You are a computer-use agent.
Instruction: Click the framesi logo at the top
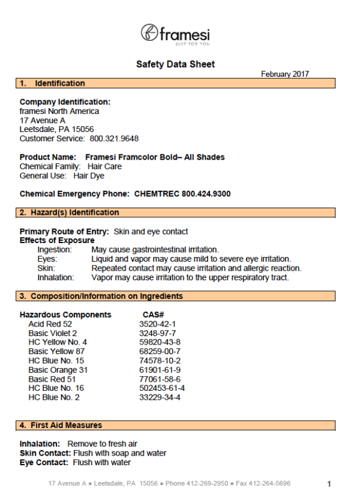pyautogui.click(x=175, y=34)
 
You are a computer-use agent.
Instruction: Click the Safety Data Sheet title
pyautogui.click(x=175, y=64)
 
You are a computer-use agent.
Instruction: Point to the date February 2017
pyautogui.click(x=285, y=74)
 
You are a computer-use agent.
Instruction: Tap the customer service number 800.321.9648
pyautogui.click(x=114, y=139)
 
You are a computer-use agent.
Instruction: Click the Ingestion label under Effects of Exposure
pyautogui.click(x=55, y=250)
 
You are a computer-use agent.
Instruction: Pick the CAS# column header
pyautogui.click(x=154, y=315)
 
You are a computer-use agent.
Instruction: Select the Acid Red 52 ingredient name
pyautogui.click(x=50, y=324)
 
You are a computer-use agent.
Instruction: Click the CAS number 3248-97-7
pyautogui.click(x=157, y=333)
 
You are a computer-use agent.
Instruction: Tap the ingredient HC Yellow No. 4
pyautogui.click(x=58, y=342)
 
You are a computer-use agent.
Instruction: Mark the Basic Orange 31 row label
pyautogui.click(x=58, y=370)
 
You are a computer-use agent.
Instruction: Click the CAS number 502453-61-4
pyautogui.click(x=162, y=388)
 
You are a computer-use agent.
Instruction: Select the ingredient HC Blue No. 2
pyautogui.click(x=54, y=397)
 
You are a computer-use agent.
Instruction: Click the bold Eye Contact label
pyautogui.click(x=45, y=463)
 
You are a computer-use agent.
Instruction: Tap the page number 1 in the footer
pyautogui.click(x=329, y=484)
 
